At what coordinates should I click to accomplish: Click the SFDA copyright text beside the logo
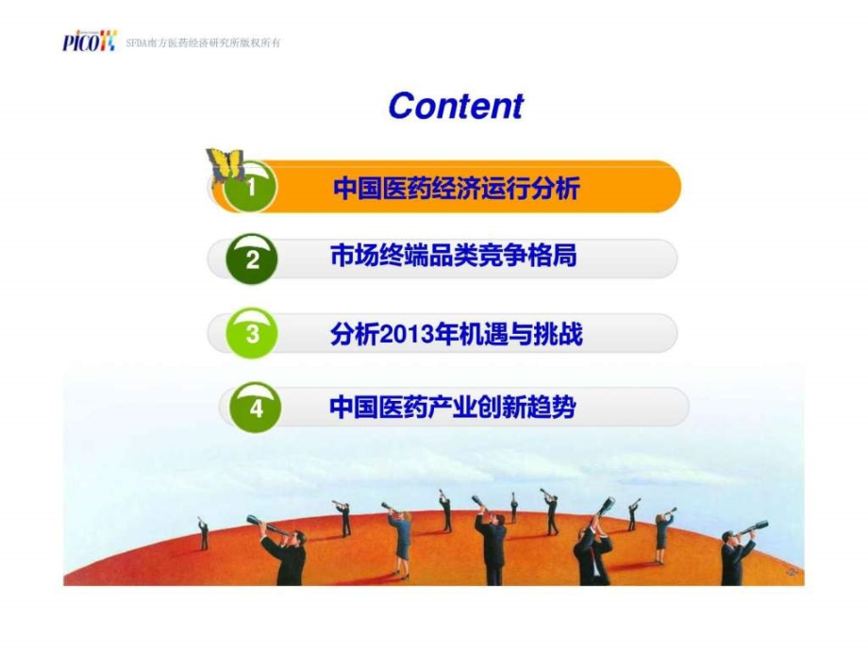(203, 43)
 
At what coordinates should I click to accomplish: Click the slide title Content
(455, 106)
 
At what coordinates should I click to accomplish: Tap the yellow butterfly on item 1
(225, 164)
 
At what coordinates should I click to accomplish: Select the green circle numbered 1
(251, 188)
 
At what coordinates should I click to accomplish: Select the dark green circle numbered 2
(252, 259)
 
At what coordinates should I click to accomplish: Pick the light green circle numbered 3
(252, 334)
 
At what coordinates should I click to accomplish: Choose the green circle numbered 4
(256, 409)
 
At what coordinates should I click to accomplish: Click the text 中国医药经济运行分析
(456, 189)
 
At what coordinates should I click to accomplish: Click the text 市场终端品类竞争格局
(453, 257)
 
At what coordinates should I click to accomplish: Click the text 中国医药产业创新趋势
(452, 408)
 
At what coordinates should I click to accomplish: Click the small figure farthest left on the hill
(203, 534)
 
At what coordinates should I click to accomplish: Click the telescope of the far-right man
(755, 527)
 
